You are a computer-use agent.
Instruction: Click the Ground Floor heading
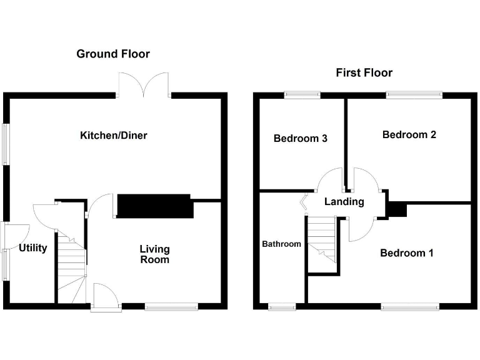[113, 54]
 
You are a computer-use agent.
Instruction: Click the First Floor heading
[364, 72]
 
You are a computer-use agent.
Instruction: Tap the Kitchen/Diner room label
[113, 135]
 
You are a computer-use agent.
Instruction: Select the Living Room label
[154, 254]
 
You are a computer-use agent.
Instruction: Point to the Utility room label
[32, 248]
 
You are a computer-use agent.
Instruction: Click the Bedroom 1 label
[406, 253]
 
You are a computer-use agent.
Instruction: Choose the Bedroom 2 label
[409, 134]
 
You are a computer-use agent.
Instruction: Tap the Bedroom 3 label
[300, 138]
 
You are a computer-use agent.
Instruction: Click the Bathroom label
[281, 244]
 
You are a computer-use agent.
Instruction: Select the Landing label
[344, 201]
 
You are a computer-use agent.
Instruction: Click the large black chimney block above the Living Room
[154, 206]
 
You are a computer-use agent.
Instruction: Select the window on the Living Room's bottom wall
[171, 306]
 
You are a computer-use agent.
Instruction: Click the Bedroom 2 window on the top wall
[414, 95]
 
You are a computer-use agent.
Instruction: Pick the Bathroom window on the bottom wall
[282, 306]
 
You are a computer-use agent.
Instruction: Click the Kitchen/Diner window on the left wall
[6, 144]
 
